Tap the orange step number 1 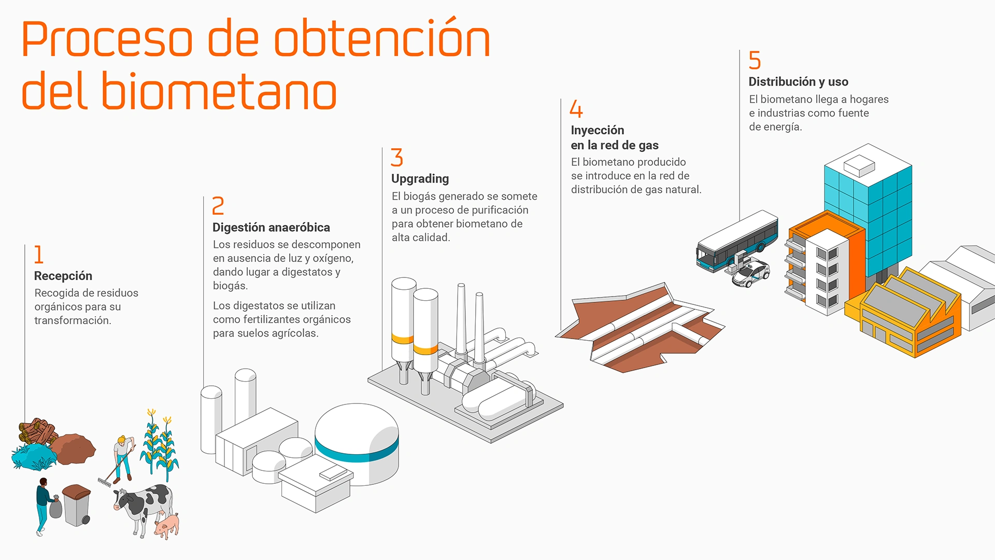tap(39, 255)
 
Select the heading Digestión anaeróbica tap(271, 227)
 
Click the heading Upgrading tap(420, 179)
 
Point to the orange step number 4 tap(576, 109)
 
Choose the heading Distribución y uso tap(798, 82)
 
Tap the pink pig tap(167, 526)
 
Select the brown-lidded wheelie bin tap(77, 505)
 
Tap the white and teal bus tap(736, 242)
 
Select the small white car tap(750, 274)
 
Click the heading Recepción tap(63, 276)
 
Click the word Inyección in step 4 tap(598, 130)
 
